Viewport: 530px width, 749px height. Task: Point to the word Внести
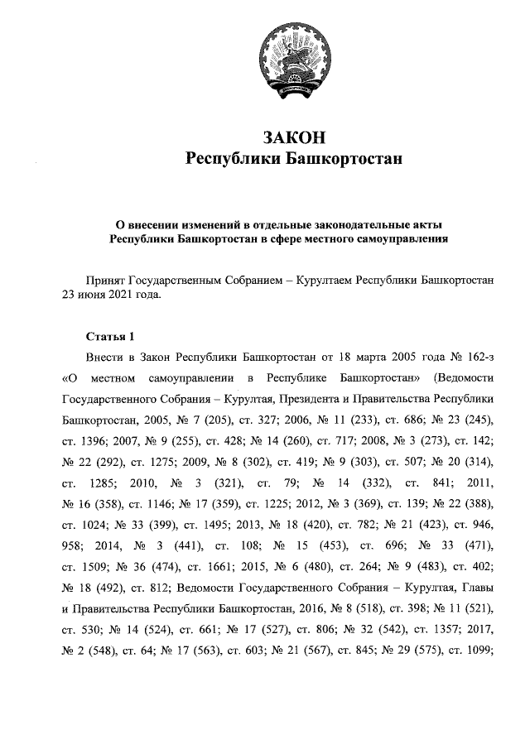[x=104, y=358]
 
